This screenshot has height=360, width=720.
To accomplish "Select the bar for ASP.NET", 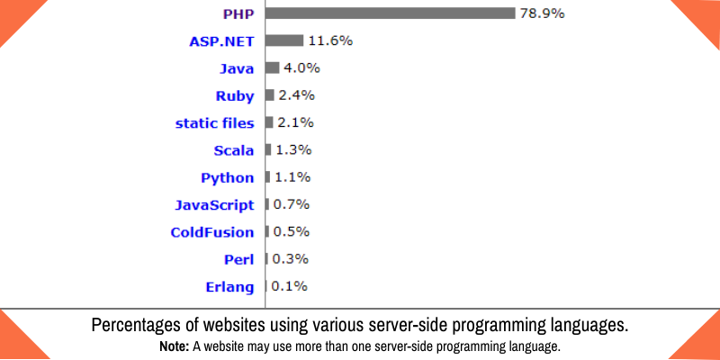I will [284, 40].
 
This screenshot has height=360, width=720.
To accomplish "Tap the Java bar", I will [272, 67].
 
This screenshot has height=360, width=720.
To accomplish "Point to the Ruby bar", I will [269, 95].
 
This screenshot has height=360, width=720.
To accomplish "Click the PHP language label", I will [238, 13].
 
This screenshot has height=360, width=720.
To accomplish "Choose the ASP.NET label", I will [221, 40].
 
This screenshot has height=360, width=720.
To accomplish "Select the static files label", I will [214, 122].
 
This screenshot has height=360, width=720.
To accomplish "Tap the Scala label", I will [234, 149].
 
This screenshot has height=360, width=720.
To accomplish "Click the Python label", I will [228, 177].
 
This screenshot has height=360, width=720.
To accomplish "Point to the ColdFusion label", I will [212, 232].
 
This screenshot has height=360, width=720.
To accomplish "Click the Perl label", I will [239, 259].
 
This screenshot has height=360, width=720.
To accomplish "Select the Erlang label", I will [230, 287].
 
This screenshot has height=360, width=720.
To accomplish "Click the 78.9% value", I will [543, 13].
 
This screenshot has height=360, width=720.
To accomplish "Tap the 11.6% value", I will [329, 40].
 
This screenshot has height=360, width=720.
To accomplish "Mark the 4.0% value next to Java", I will [301, 67].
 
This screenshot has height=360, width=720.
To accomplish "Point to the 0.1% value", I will [289, 287].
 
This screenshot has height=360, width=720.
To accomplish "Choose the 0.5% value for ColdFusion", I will [291, 232].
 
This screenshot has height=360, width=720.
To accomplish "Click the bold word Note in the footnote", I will [175, 346].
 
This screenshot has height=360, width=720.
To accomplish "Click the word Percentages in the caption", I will [140, 326].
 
